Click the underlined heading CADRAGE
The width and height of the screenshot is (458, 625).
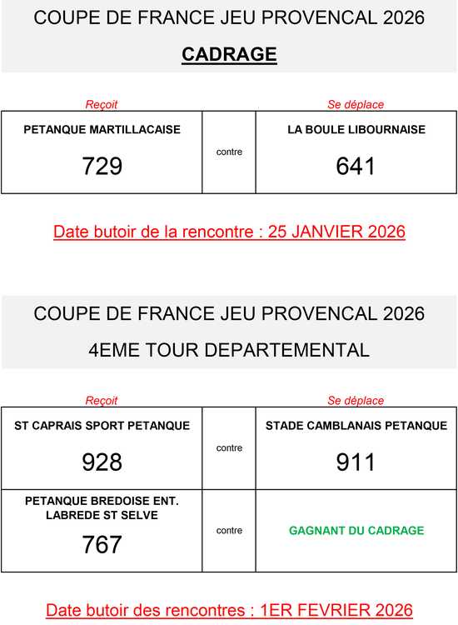point(229,55)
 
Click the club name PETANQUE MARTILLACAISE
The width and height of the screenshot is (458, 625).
point(102,130)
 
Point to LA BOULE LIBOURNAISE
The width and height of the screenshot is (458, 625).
point(356,130)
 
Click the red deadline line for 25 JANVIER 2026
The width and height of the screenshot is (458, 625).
point(229,232)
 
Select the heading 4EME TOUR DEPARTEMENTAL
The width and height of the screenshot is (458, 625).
point(229,350)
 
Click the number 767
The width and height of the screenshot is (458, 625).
point(102,544)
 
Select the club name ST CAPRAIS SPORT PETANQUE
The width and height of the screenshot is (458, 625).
point(102,426)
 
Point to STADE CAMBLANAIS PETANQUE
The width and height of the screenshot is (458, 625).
point(356,426)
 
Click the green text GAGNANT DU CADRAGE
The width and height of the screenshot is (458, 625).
point(356,531)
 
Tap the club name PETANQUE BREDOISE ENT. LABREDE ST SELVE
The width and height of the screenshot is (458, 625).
point(102,507)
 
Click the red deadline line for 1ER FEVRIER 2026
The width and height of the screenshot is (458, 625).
point(229,610)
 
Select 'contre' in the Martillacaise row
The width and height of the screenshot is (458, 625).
point(229,152)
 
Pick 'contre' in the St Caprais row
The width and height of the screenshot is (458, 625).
point(229,448)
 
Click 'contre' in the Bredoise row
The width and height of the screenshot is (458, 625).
point(229,531)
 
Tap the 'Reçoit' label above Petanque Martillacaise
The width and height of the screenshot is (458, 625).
point(102,105)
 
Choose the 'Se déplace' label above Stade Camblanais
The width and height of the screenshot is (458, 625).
point(356,401)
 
